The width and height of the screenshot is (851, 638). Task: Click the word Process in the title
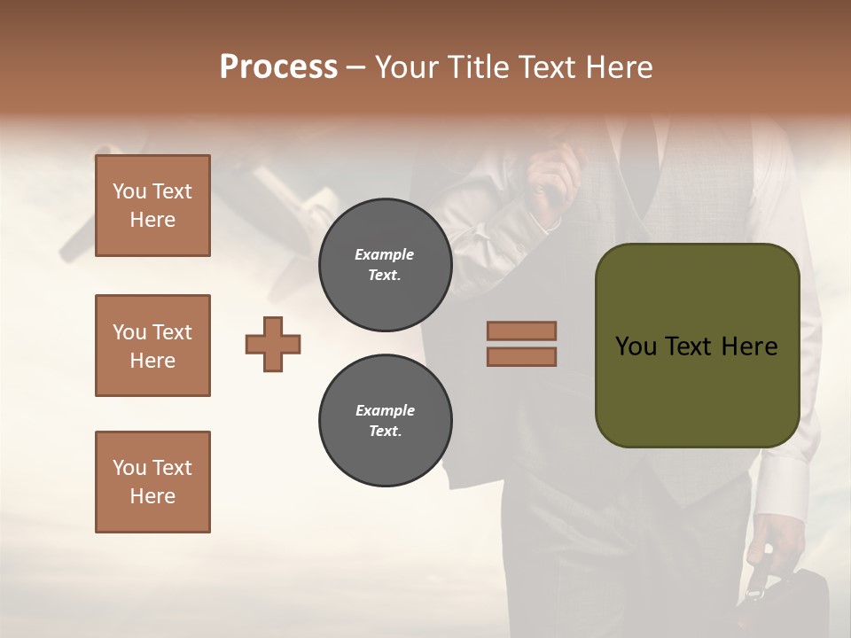[x=278, y=67]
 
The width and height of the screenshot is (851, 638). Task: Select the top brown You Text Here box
[x=152, y=206]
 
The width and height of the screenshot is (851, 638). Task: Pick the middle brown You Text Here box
[x=152, y=346]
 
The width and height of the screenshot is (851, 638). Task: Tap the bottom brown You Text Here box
[x=152, y=481]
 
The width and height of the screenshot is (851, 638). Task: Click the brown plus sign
[x=273, y=345]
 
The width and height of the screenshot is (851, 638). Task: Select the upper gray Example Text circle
[x=385, y=265]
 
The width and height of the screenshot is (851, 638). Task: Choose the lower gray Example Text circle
[x=385, y=421]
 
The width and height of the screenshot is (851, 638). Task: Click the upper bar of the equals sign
[x=522, y=331]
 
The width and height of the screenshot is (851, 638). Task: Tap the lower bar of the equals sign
[x=522, y=356]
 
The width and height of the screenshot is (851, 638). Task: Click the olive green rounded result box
[x=697, y=346]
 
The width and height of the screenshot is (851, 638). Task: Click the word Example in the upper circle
[x=385, y=254]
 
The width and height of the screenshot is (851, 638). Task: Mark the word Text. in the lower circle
[x=385, y=432]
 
